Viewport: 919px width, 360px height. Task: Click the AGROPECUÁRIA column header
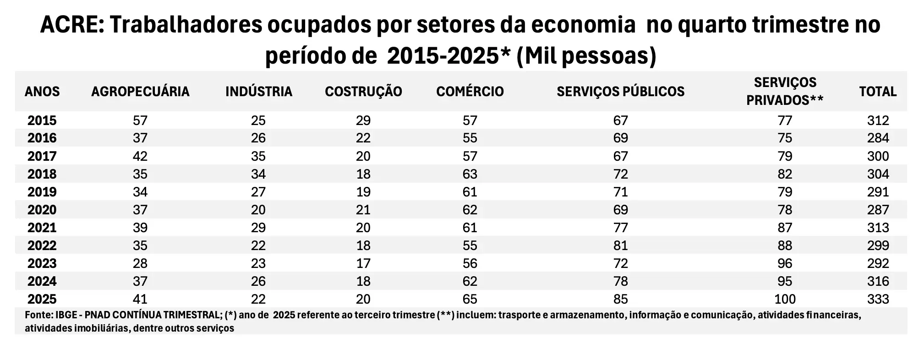pyautogui.click(x=140, y=92)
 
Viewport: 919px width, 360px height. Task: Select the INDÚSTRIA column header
pyautogui.click(x=259, y=92)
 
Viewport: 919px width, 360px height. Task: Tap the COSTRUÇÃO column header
pyautogui.click(x=363, y=92)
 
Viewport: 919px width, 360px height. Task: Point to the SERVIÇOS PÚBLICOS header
pyautogui.click(x=620, y=92)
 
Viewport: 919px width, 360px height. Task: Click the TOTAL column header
pyautogui.click(x=878, y=92)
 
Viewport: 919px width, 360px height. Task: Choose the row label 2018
pyautogui.click(x=42, y=174)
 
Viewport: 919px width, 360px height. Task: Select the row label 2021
pyautogui.click(x=42, y=228)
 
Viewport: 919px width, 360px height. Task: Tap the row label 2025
pyautogui.click(x=42, y=299)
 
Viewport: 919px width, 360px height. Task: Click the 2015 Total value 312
pyautogui.click(x=878, y=120)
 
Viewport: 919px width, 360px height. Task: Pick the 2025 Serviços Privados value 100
pyautogui.click(x=785, y=299)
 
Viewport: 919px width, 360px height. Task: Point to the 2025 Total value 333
pyautogui.click(x=878, y=299)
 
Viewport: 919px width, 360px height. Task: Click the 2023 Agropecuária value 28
pyautogui.click(x=140, y=263)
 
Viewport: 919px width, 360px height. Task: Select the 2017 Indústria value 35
pyautogui.click(x=258, y=156)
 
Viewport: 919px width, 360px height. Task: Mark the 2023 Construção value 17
pyautogui.click(x=363, y=263)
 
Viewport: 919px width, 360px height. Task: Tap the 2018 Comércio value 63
pyautogui.click(x=470, y=174)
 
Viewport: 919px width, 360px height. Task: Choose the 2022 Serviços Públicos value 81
pyautogui.click(x=620, y=245)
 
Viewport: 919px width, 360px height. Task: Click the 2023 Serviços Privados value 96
pyautogui.click(x=785, y=263)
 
